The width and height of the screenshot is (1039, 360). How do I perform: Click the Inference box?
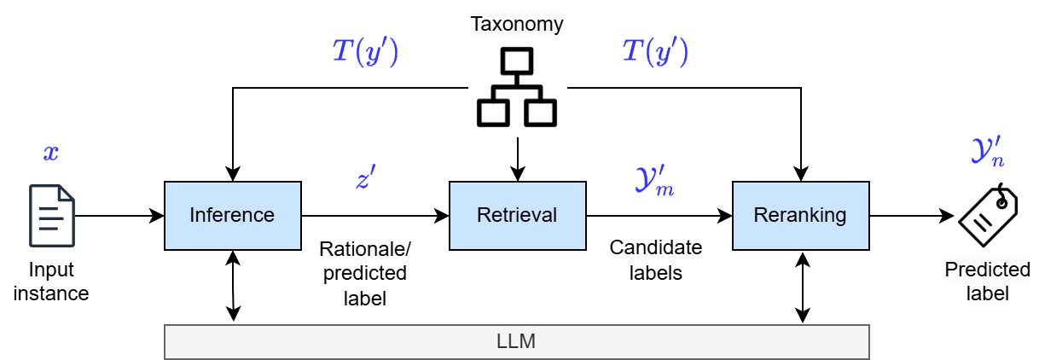tap(232, 216)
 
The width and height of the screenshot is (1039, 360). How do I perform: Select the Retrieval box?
tap(517, 216)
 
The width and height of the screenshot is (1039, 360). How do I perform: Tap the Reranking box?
tap(800, 216)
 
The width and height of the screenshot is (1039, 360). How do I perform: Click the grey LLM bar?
tap(516, 341)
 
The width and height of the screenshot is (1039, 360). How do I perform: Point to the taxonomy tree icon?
tap(516, 87)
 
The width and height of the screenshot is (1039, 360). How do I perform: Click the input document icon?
tap(51, 215)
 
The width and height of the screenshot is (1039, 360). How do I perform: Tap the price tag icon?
tap(987, 216)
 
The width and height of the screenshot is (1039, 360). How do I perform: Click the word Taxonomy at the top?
tap(517, 23)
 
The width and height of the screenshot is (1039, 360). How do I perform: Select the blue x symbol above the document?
tap(51, 154)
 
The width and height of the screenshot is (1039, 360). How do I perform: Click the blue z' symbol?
tap(367, 178)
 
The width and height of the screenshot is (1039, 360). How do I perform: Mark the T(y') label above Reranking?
tap(654, 53)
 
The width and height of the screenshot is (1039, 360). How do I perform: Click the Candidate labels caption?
tap(655, 260)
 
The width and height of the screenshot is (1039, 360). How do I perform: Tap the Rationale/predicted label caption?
tap(365, 273)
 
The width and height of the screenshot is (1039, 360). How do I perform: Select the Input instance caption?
tap(51, 282)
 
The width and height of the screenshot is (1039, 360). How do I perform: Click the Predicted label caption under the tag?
tap(987, 282)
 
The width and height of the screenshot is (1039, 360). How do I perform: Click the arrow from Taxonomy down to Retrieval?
tap(517, 158)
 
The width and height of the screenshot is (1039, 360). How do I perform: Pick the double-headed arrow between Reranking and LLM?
tap(802, 287)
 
